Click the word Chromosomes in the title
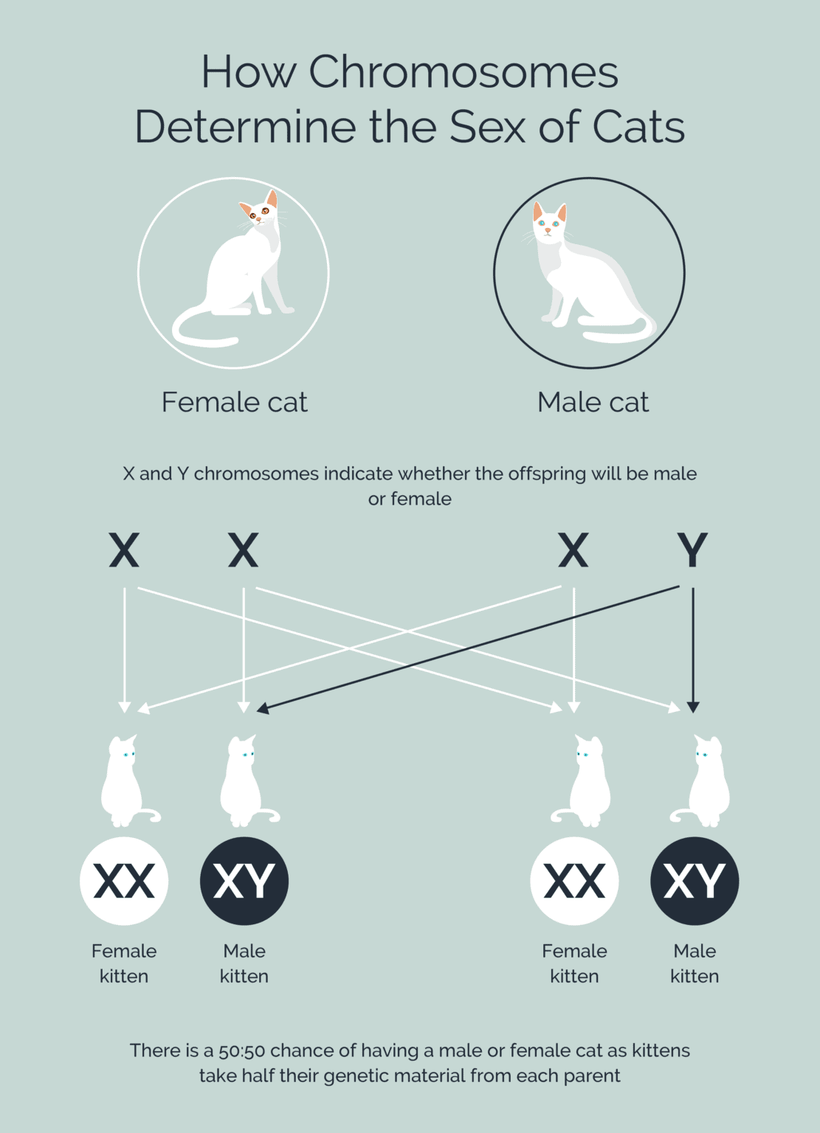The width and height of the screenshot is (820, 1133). (463, 72)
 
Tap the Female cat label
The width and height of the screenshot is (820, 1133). (234, 402)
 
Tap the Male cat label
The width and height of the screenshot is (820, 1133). (593, 402)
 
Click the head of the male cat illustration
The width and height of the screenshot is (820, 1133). (549, 222)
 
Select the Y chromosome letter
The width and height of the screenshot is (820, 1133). (692, 550)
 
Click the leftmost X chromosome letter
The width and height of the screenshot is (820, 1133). (124, 550)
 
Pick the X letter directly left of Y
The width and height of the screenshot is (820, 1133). (573, 550)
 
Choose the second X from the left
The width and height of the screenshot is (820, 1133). (244, 550)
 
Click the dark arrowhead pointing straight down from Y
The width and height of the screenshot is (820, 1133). (692, 707)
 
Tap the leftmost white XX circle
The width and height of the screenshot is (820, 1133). (124, 881)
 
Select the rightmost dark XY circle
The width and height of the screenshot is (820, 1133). (695, 881)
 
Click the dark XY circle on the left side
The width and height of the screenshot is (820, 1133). (244, 881)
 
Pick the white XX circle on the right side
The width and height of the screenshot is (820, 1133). (574, 881)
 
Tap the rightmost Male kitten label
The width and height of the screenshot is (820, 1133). (695, 963)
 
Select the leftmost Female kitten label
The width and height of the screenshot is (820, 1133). (124, 963)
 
